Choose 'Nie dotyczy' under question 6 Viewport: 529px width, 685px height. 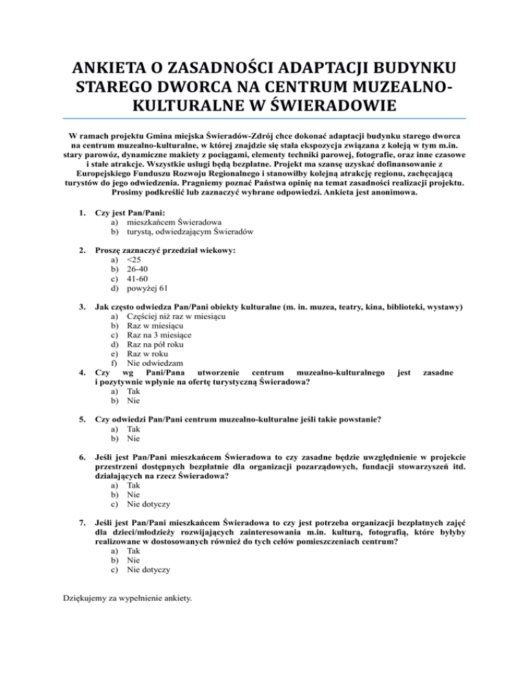click(148, 504)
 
